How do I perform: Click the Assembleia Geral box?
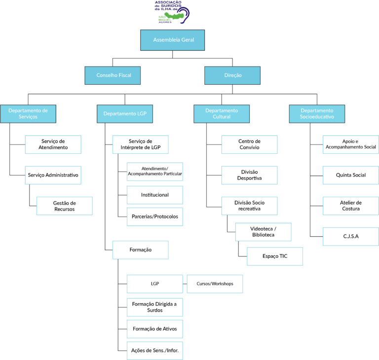[x=172, y=40]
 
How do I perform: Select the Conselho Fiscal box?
[x=113, y=75]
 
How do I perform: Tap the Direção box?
[x=232, y=75]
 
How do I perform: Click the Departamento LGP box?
[x=125, y=114]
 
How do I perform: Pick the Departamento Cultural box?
[x=222, y=114]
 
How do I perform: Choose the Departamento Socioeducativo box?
[x=317, y=114]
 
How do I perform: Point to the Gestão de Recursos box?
[x=65, y=206]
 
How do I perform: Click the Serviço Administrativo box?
[x=53, y=175]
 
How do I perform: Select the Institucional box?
[x=155, y=195]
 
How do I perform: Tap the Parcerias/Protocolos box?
[x=155, y=216]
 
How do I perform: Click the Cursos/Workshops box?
[x=215, y=284]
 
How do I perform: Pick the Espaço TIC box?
[x=275, y=256]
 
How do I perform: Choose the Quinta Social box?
[x=351, y=175]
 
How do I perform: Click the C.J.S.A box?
[x=351, y=237]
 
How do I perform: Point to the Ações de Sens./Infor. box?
[x=155, y=351]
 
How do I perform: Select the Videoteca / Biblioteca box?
[x=263, y=232]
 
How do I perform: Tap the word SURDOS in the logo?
[x=171, y=5]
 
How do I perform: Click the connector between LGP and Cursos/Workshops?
[x=185, y=284]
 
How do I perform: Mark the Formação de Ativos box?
[x=155, y=329]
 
